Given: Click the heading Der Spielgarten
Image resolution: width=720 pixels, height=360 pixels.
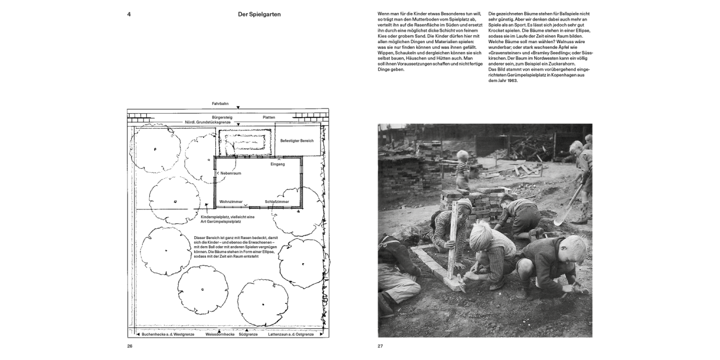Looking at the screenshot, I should tap(259, 14).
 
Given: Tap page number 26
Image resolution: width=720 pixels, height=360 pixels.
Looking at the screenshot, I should tap(130, 346).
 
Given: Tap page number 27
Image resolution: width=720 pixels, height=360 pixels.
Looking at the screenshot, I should tap(380, 346).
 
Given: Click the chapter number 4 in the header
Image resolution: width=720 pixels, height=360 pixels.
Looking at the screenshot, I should tap(129, 14).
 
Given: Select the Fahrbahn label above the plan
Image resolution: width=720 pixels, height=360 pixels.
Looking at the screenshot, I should tap(221, 104).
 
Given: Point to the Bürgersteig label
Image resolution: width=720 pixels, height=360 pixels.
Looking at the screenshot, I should tap(222, 117).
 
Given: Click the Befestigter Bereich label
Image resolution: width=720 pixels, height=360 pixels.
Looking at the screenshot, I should tap(297, 141).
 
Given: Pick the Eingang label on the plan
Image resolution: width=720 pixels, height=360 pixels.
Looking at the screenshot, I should tap(277, 164).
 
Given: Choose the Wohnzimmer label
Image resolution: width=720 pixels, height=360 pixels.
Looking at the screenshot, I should tap(231, 202).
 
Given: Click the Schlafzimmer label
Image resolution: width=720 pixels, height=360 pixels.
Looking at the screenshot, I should tap(277, 202).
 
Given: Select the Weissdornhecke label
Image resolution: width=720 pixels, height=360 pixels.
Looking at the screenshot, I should tap(220, 335).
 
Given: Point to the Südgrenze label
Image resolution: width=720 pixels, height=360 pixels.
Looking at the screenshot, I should tap(248, 335).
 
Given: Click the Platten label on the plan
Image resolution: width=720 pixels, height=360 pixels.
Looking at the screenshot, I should tap(269, 117).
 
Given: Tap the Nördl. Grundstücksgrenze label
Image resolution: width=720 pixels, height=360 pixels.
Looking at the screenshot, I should tap(208, 122).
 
